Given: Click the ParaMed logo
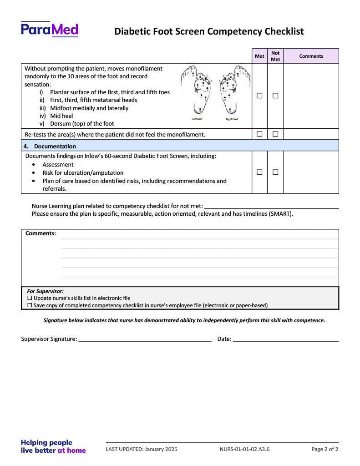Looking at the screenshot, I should [49, 30].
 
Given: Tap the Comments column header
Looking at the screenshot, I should [311, 56].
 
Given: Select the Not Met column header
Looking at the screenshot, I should [275, 56].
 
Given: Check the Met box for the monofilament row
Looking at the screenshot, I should [259, 96].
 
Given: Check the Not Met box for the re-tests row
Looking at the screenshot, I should [275, 134].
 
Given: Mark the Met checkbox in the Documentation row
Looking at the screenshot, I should [259, 172].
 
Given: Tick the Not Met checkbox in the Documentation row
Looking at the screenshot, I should [275, 172].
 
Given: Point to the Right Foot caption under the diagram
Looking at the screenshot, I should [232, 119].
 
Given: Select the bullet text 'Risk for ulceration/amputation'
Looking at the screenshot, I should [83, 173].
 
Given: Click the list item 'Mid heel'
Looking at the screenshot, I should [61, 116].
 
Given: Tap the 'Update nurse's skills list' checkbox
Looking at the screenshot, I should [30, 298].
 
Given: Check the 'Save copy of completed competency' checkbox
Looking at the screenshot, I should [30, 305].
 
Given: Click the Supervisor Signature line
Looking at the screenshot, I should [145, 339].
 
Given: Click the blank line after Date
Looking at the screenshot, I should [286, 339].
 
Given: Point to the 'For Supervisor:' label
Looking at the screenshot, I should [45, 291].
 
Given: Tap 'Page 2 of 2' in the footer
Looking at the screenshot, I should [325, 449].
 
